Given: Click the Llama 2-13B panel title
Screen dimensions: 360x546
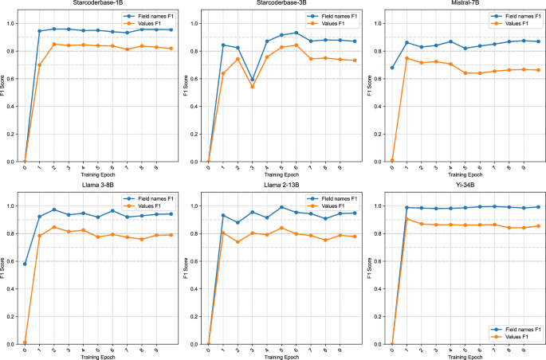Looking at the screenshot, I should tap(276, 188).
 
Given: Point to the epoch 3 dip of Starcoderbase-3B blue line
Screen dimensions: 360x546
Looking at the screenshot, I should tap(253, 80).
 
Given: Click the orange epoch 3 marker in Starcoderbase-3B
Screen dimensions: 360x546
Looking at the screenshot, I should tap(253, 86).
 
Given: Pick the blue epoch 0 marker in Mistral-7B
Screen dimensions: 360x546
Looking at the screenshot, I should tap(391, 68).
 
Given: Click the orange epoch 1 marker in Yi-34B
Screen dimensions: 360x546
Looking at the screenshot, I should tap(406, 219).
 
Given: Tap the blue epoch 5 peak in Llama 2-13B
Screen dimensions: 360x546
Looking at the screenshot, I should tap(281, 207).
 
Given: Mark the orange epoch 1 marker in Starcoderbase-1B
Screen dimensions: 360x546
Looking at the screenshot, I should tap(39, 65).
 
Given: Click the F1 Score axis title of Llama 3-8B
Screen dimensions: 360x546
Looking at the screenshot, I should tap(5, 268).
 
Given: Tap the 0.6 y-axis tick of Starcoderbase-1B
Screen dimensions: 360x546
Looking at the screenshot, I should tap(11, 79).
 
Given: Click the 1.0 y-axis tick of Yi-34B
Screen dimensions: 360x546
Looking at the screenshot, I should tap(378, 206).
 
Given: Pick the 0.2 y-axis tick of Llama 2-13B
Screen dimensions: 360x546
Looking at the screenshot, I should tap(194, 316).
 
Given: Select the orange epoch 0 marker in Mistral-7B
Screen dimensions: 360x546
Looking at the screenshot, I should tap(391, 160).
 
